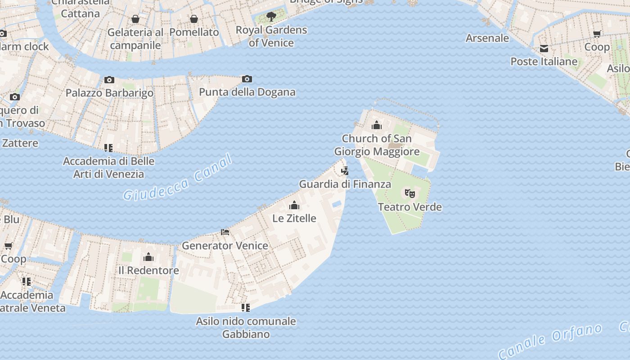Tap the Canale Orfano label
[x=550, y=341]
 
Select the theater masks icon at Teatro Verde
[x=409, y=193]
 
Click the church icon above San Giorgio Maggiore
[x=377, y=125]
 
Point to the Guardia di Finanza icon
[x=345, y=171]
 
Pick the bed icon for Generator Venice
[x=225, y=232]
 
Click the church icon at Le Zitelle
[x=294, y=206]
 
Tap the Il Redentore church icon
[x=148, y=257]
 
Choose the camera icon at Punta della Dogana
[x=247, y=79]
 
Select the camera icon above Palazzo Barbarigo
[x=109, y=80]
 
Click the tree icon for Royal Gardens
[x=271, y=17]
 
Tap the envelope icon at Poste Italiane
[x=544, y=49]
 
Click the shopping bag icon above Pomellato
[x=194, y=19]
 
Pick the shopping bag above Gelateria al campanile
[x=135, y=19]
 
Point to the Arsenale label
[x=487, y=38]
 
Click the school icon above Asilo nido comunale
[x=246, y=308]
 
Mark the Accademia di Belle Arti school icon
[x=108, y=148]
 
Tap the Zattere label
[x=20, y=143]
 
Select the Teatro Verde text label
[x=409, y=207]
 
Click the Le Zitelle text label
[x=294, y=218]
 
